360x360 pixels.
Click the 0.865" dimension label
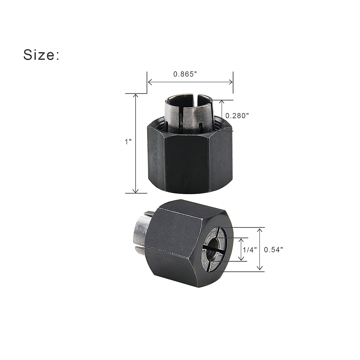pyautogui.click(x=185, y=74)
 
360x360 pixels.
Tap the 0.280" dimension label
pyautogui.click(x=237, y=115)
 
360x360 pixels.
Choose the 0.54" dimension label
pyautogui.click(x=273, y=250)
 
